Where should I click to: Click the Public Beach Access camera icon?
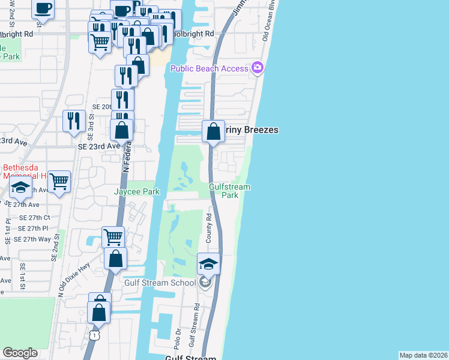[258, 68]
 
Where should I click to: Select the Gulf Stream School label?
[160, 283]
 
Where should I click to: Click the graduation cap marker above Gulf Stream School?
[208, 263]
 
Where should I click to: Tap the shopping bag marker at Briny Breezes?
[213, 130]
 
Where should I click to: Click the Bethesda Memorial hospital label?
[24, 172]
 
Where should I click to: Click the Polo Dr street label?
[178, 336]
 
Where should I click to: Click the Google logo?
[20, 353]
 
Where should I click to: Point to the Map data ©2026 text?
[423, 355]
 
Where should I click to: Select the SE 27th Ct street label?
[34, 218]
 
